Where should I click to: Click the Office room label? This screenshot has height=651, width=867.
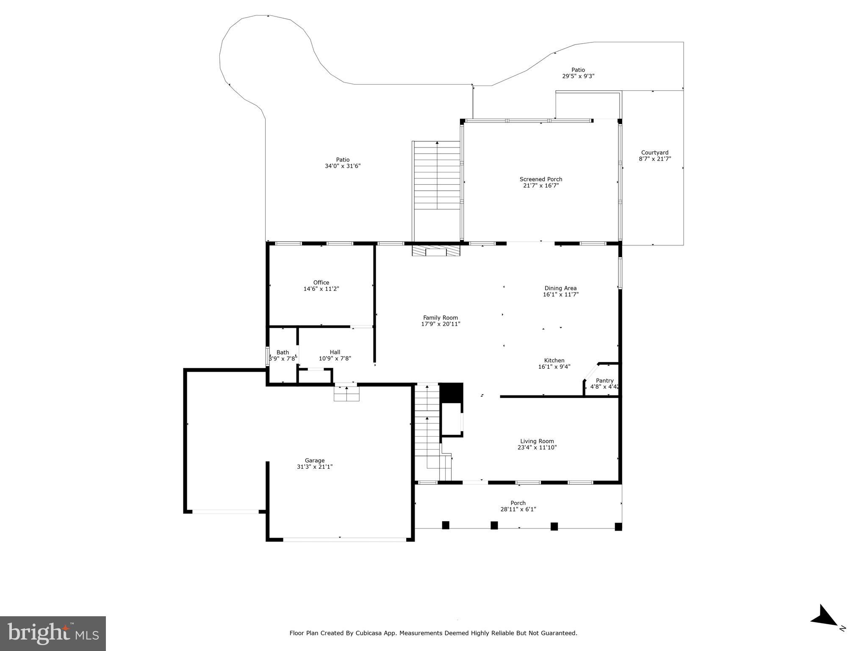321,283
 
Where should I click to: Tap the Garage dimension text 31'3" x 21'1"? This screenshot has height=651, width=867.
315,467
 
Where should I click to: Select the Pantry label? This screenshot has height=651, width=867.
604,381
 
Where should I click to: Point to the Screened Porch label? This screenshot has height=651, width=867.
541,179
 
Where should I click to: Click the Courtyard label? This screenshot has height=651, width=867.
654,153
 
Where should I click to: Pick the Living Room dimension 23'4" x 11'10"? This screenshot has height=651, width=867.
537,447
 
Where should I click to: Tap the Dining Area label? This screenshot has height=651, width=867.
560,288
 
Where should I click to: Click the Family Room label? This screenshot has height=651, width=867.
440,317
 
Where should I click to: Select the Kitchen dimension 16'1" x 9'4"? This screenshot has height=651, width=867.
554,367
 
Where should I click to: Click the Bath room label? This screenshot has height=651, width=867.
283,352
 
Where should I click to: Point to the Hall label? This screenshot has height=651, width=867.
335,352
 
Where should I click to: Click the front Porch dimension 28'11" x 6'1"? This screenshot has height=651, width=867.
518,509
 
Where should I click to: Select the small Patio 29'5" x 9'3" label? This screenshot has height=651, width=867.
578,70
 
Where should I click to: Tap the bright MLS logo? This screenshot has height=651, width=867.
53,633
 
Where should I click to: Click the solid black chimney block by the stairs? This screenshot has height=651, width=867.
452,392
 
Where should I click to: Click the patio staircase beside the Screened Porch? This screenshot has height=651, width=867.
437,175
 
